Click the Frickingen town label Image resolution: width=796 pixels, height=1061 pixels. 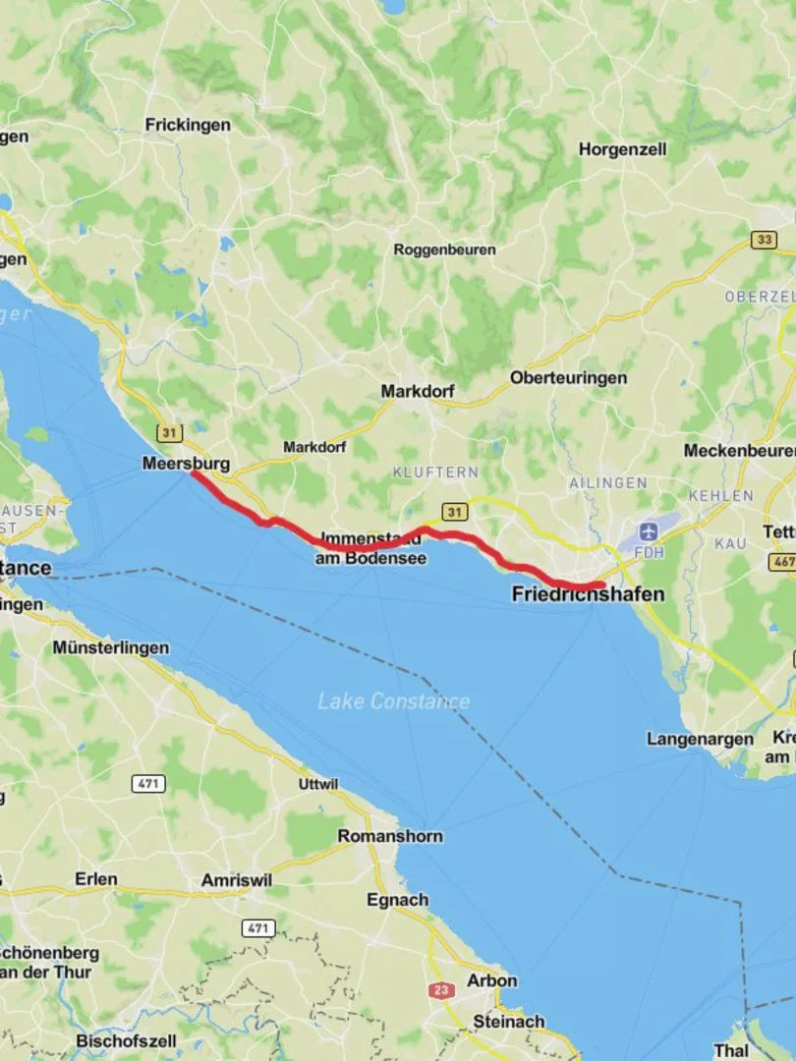click(x=188, y=125)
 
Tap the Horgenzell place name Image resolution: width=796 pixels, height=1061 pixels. click(x=622, y=149)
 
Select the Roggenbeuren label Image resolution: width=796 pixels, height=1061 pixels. click(x=444, y=250)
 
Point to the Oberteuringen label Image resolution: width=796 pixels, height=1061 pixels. click(x=568, y=378)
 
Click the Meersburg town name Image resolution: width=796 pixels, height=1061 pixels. click(x=186, y=463)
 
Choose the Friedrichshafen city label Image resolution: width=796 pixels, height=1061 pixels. click(x=588, y=594)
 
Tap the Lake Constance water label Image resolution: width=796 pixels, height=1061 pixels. click(x=393, y=701)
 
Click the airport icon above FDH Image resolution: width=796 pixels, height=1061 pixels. click(x=648, y=531)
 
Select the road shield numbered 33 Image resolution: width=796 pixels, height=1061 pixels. click(x=764, y=240)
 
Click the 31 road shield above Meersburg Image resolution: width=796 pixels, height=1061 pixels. click(x=169, y=432)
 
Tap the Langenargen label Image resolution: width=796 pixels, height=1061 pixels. click(x=700, y=739)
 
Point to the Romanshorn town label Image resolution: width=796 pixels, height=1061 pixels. click(x=390, y=836)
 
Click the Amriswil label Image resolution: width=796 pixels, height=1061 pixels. click(x=236, y=880)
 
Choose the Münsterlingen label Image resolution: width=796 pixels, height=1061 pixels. click(x=110, y=647)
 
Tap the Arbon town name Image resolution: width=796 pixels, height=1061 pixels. click(x=492, y=980)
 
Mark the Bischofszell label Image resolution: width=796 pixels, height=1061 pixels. click(x=126, y=1040)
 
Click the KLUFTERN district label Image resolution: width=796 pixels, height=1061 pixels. click(x=435, y=473)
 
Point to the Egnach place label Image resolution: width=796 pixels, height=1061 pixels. click(x=397, y=900)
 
